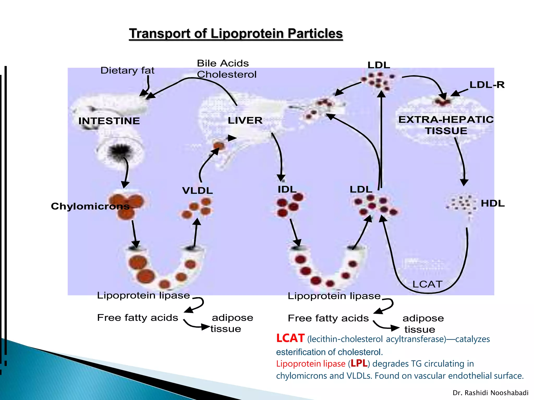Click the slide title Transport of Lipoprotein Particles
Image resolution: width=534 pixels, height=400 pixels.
click(236, 34)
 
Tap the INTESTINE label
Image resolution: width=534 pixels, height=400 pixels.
click(109, 121)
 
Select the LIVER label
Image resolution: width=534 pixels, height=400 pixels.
click(245, 121)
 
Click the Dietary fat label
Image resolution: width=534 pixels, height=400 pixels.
click(127, 71)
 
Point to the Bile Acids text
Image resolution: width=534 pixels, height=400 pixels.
click(223, 63)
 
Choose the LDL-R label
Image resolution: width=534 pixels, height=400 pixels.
click(487, 85)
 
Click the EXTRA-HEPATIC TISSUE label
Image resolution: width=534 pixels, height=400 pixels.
click(446, 125)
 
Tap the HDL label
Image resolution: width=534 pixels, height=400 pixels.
click(493, 203)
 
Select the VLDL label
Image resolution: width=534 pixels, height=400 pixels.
click(197, 191)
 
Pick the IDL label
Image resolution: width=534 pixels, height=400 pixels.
click(287, 189)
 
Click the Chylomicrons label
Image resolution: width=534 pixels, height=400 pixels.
click(90, 206)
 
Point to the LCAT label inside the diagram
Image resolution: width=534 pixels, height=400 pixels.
click(427, 284)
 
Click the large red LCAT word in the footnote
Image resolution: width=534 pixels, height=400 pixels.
click(290, 338)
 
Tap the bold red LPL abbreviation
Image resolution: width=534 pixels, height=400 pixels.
click(359, 363)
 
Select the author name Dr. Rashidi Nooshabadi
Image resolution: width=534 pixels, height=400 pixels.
click(490, 393)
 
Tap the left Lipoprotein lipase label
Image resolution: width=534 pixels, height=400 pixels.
click(143, 296)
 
